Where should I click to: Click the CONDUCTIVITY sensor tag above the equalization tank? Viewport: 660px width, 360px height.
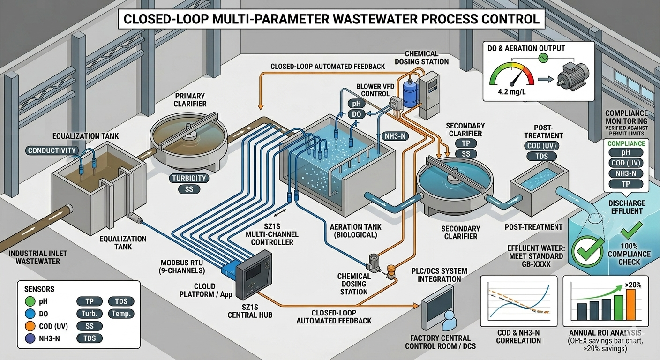(x=52, y=150)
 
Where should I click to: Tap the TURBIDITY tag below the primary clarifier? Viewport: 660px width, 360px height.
(x=189, y=178)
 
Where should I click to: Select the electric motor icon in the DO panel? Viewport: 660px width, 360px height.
(x=571, y=75)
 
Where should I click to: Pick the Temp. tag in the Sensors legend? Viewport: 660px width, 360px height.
(x=121, y=314)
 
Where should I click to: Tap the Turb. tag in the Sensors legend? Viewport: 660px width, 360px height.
(x=89, y=314)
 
